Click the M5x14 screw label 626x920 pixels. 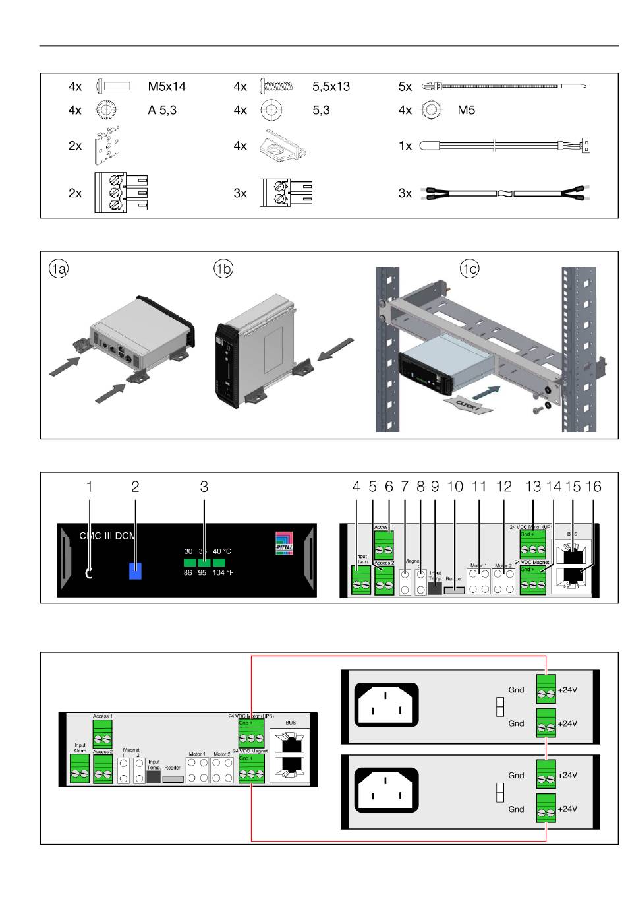[167, 86]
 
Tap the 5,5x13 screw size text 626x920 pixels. [331, 86]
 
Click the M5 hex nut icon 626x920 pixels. [431, 110]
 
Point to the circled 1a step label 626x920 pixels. [59, 268]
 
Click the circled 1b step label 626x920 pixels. [223, 268]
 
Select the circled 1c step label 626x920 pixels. [470, 268]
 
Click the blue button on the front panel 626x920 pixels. [135, 570]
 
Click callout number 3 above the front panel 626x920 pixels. [204, 487]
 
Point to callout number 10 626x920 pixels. [455, 487]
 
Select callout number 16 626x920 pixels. [593, 487]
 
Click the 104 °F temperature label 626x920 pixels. [223, 573]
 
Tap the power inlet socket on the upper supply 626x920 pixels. [387, 705]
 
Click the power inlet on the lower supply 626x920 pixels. [387, 791]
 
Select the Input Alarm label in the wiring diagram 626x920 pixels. [80, 748]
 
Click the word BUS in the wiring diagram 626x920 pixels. [291, 723]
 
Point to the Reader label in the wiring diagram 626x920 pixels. [172, 768]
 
